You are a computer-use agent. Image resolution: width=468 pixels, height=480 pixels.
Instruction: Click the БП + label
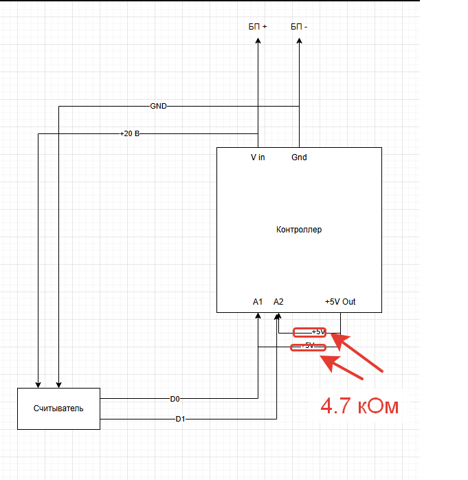(x=258, y=27)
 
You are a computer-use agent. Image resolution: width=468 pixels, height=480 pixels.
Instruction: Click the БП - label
(x=299, y=27)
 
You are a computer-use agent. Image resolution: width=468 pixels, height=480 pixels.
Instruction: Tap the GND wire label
(x=158, y=107)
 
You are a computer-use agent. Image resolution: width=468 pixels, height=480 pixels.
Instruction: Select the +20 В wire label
(x=130, y=133)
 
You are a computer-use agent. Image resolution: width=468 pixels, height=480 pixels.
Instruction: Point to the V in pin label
(x=258, y=157)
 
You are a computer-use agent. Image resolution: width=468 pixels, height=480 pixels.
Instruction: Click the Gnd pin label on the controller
(x=299, y=157)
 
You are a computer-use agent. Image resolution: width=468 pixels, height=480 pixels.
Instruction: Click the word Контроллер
(x=298, y=230)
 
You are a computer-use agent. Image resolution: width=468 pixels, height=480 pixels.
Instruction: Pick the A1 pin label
(x=258, y=302)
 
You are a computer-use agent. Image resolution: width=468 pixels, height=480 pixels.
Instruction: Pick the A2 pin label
(x=278, y=302)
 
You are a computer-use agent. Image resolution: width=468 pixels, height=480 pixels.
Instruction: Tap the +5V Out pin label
(x=340, y=302)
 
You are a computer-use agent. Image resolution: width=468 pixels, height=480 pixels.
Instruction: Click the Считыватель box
(x=58, y=408)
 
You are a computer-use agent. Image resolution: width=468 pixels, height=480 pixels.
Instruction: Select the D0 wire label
(x=175, y=398)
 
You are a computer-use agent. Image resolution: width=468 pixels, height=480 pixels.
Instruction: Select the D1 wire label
(x=179, y=419)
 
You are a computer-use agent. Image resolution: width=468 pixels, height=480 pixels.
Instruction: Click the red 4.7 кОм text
(x=359, y=406)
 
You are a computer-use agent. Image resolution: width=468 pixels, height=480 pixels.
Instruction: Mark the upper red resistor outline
(x=309, y=332)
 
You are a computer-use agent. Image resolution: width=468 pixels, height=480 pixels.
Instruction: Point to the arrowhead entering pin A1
(x=258, y=316)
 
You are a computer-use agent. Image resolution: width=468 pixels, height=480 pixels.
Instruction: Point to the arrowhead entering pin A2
(x=278, y=316)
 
